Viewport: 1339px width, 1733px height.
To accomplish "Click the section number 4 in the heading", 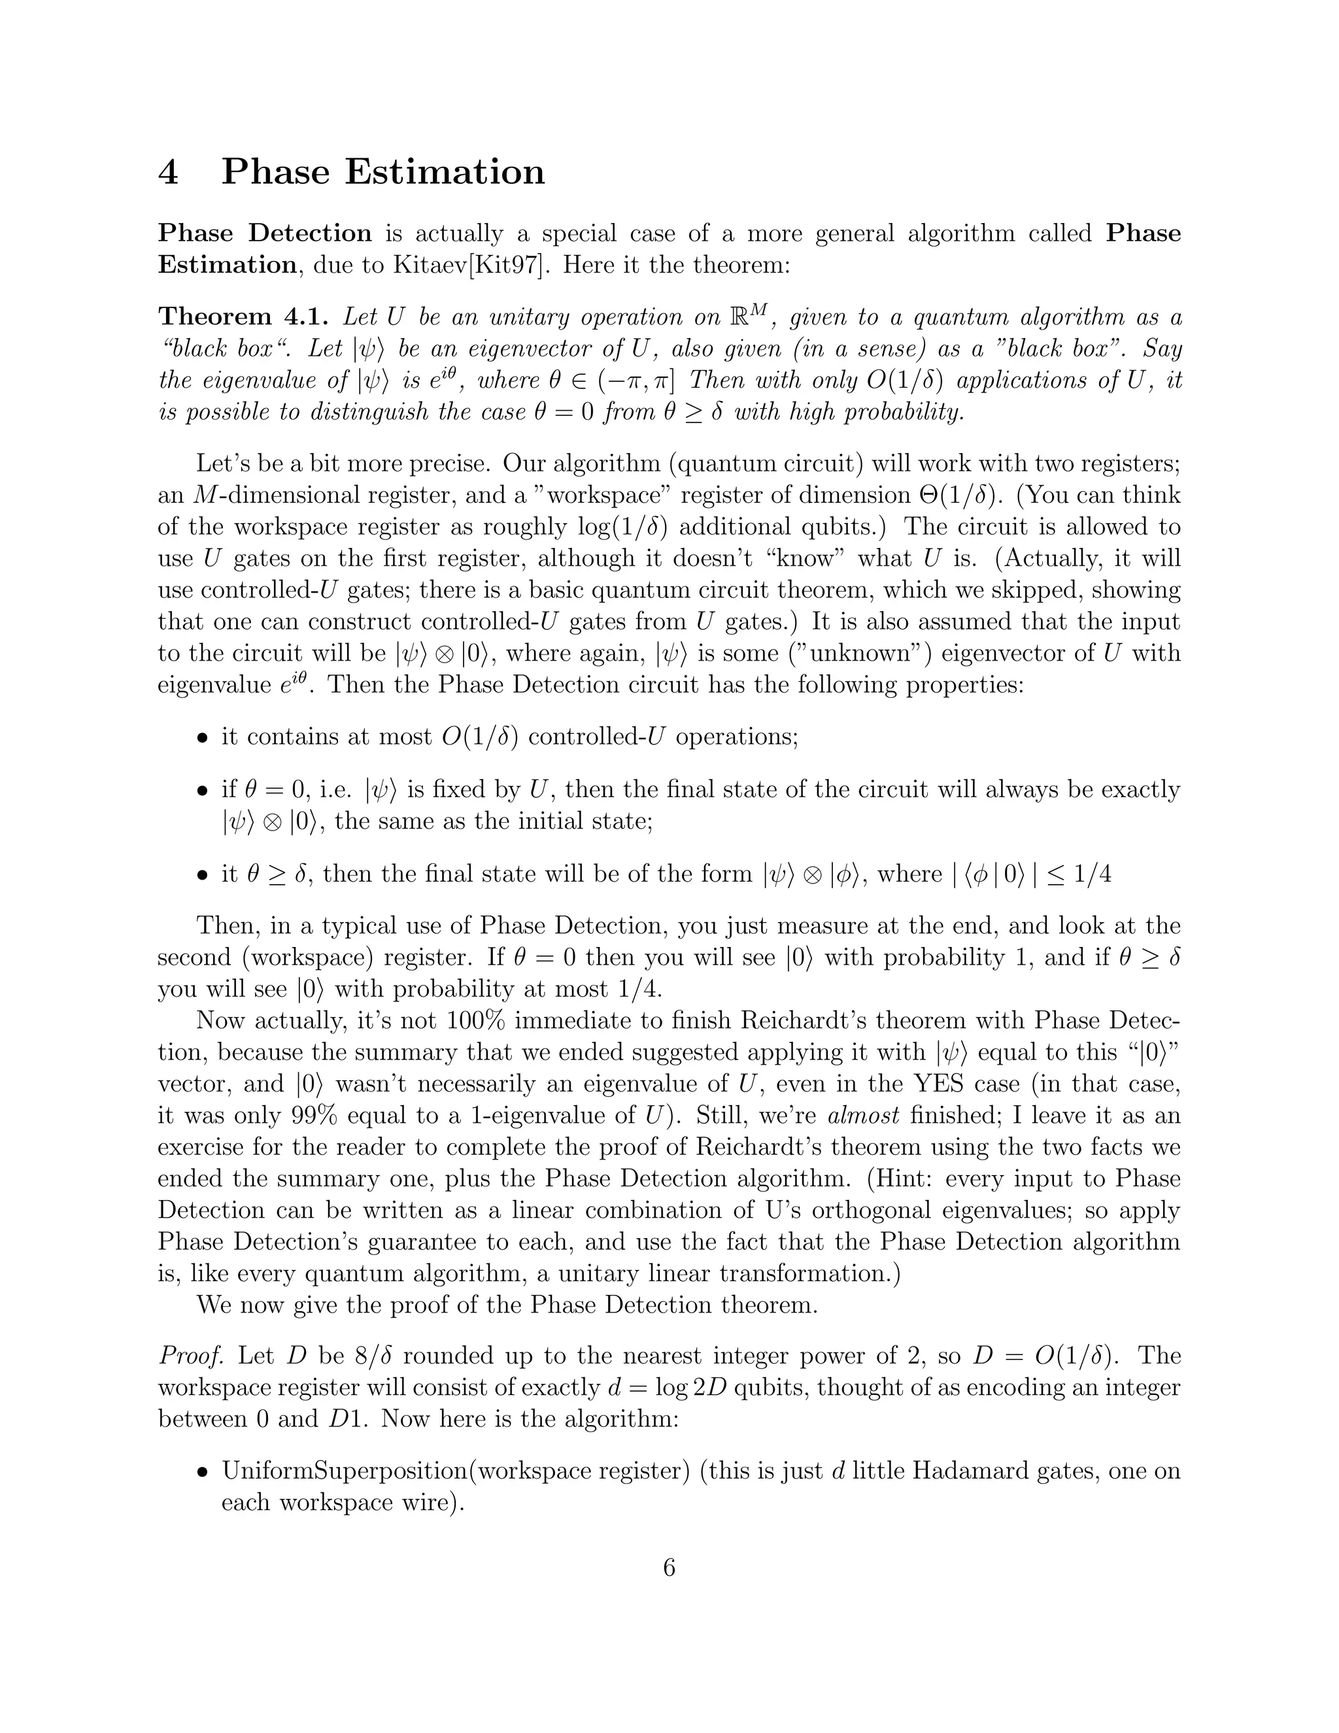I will click(168, 172).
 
